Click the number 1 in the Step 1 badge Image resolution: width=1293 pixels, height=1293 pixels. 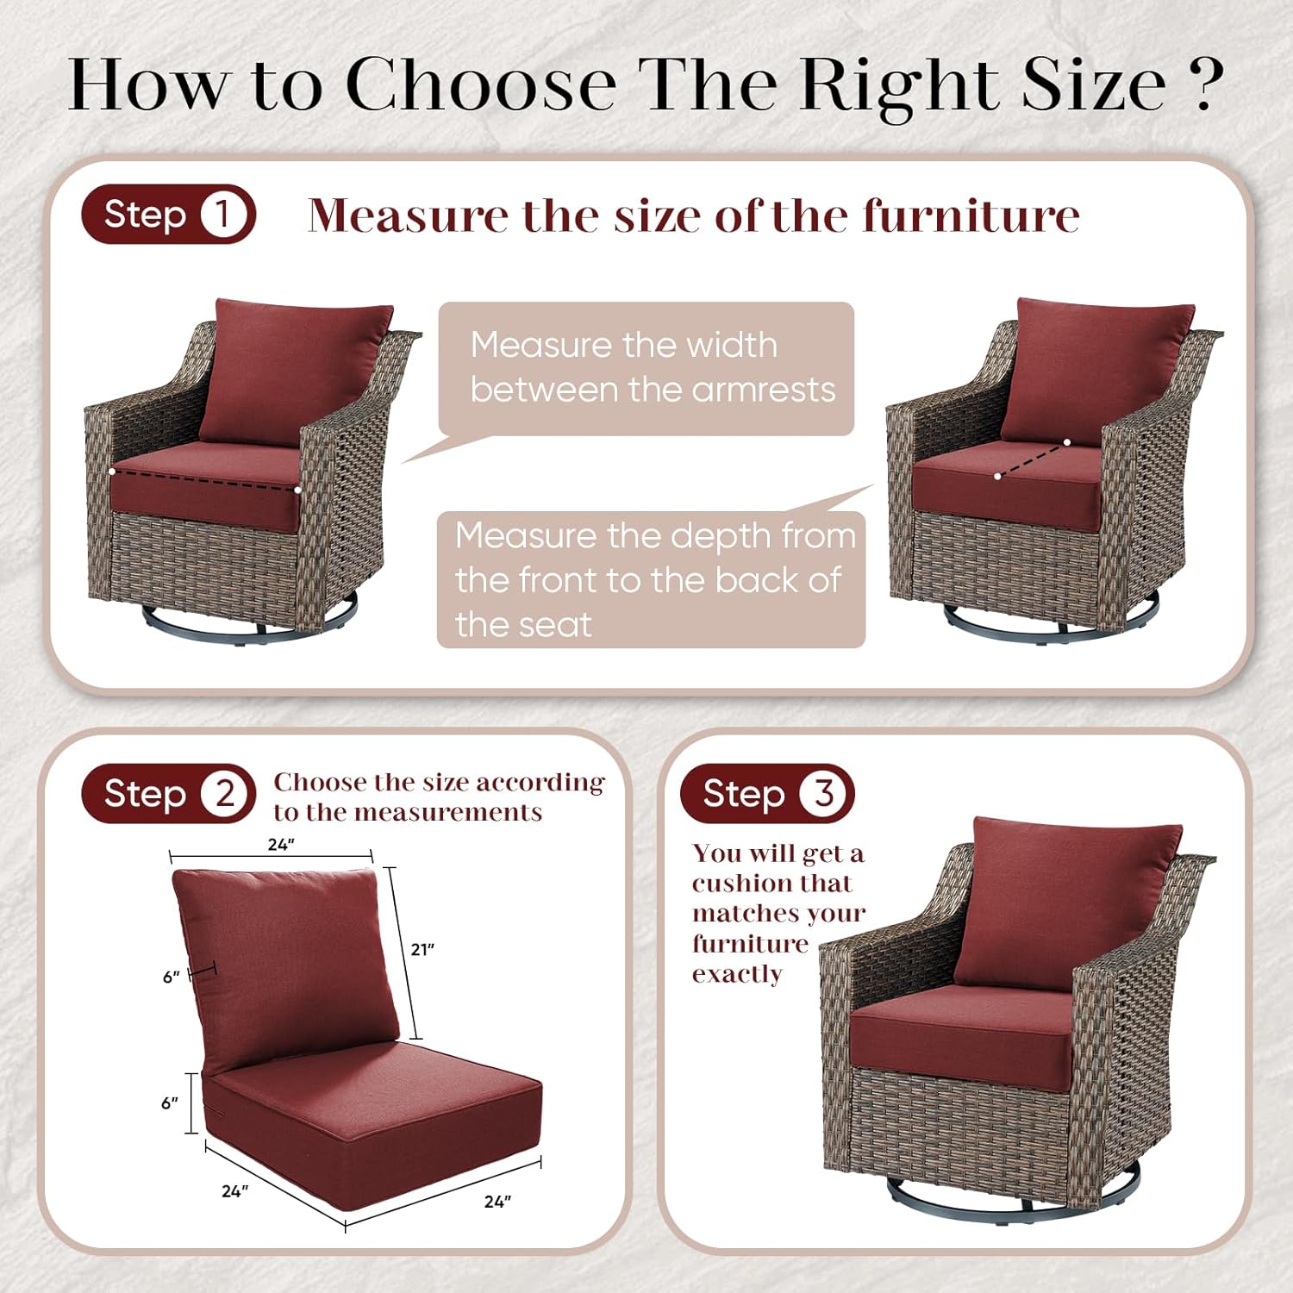click(x=223, y=214)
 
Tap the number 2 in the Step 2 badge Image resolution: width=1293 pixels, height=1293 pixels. click(x=225, y=793)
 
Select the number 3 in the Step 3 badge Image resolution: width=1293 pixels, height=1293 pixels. click(x=823, y=793)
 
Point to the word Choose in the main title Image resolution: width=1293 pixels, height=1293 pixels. click(x=481, y=84)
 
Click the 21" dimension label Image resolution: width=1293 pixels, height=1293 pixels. click(x=422, y=949)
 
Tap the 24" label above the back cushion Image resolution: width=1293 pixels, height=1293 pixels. click(x=281, y=845)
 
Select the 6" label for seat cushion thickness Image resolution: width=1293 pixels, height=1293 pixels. click(x=170, y=1103)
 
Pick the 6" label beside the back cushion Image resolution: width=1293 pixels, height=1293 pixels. click(x=172, y=977)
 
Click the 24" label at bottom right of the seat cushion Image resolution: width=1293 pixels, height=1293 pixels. click(x=497, y=1202)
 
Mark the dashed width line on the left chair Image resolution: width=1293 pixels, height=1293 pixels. click(x=205, y=481)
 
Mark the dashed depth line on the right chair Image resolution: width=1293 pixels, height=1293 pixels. click(x=1032, y=459)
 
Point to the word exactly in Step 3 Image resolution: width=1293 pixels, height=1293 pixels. click(x=737, y=974)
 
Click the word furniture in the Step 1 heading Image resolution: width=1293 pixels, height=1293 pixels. click(x=971, y=215)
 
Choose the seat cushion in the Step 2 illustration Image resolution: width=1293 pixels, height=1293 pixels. click(x=371, y=1121)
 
